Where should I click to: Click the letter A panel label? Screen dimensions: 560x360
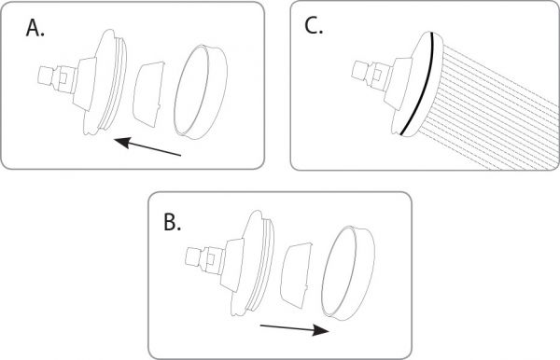[35, 28]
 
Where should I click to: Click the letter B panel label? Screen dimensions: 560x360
[172, 222]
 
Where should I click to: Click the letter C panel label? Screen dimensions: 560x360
[314, 26]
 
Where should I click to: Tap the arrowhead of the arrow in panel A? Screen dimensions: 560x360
[122, 143]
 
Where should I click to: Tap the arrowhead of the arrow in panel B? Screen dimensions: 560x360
[321, 329]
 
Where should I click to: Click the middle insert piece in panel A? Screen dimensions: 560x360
[149, 93]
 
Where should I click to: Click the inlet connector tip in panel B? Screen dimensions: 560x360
[194, 257]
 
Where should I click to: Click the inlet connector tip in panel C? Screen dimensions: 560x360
[358, 69]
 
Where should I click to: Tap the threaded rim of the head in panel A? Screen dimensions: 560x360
[115, 82]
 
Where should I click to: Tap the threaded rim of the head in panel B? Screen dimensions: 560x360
[262, 263]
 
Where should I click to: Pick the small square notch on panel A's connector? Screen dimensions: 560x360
[63, 77]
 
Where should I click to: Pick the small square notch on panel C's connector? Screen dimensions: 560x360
[377, 74]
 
